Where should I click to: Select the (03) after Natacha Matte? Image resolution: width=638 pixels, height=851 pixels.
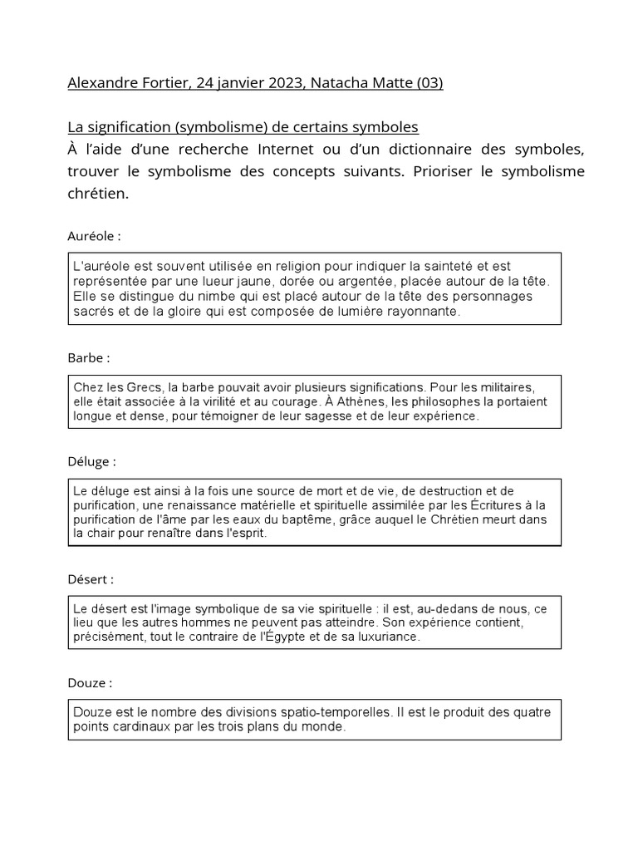(x=429, y=84)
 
